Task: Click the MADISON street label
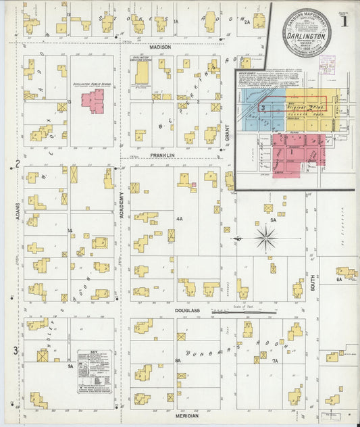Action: tap(161, 47)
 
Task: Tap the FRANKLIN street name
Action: tap(162, 155)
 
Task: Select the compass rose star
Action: tap(265, 237)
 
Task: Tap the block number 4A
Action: tap(180, 220)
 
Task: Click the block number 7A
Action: tap(274, 361)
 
